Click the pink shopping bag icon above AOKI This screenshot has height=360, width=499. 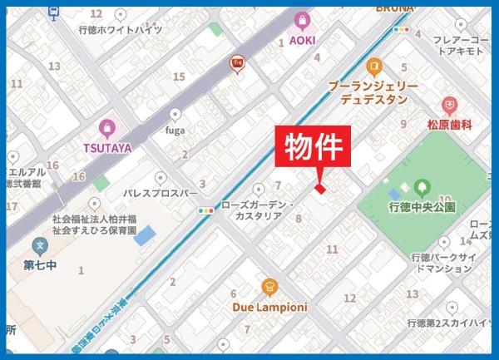point(301,19)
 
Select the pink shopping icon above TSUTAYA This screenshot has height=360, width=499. point(106,128)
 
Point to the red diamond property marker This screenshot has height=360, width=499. point(319,189)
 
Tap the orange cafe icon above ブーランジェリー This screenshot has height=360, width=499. point(373,66)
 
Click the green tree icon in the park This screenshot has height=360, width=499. point(422,188)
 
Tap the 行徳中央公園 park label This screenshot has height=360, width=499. point(422,207)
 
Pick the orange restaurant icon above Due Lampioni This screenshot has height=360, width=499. point(269,288)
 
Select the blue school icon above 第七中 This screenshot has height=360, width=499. point(38,246)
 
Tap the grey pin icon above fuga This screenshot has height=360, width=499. point(175,115)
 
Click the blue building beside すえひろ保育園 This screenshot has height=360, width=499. point(146,235)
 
